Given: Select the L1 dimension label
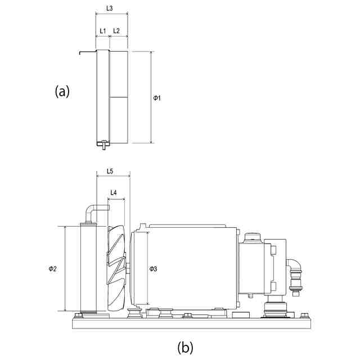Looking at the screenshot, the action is coord(102,30).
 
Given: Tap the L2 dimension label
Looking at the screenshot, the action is coord(116,30).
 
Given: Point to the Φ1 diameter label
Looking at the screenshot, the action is coord(157,98).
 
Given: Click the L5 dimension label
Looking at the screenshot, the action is coord(110,171).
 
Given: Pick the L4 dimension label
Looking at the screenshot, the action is coord(114,192).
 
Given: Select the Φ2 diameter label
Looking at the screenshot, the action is coord(52,269).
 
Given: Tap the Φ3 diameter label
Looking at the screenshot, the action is coord(153,269).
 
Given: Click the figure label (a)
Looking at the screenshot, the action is coord(62,91).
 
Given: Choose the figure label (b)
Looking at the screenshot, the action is coord(186,347).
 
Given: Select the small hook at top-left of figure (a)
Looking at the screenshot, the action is coord(87,53).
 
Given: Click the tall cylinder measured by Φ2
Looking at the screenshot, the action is coord(89,269).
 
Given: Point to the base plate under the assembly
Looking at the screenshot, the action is coord(191,322).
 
